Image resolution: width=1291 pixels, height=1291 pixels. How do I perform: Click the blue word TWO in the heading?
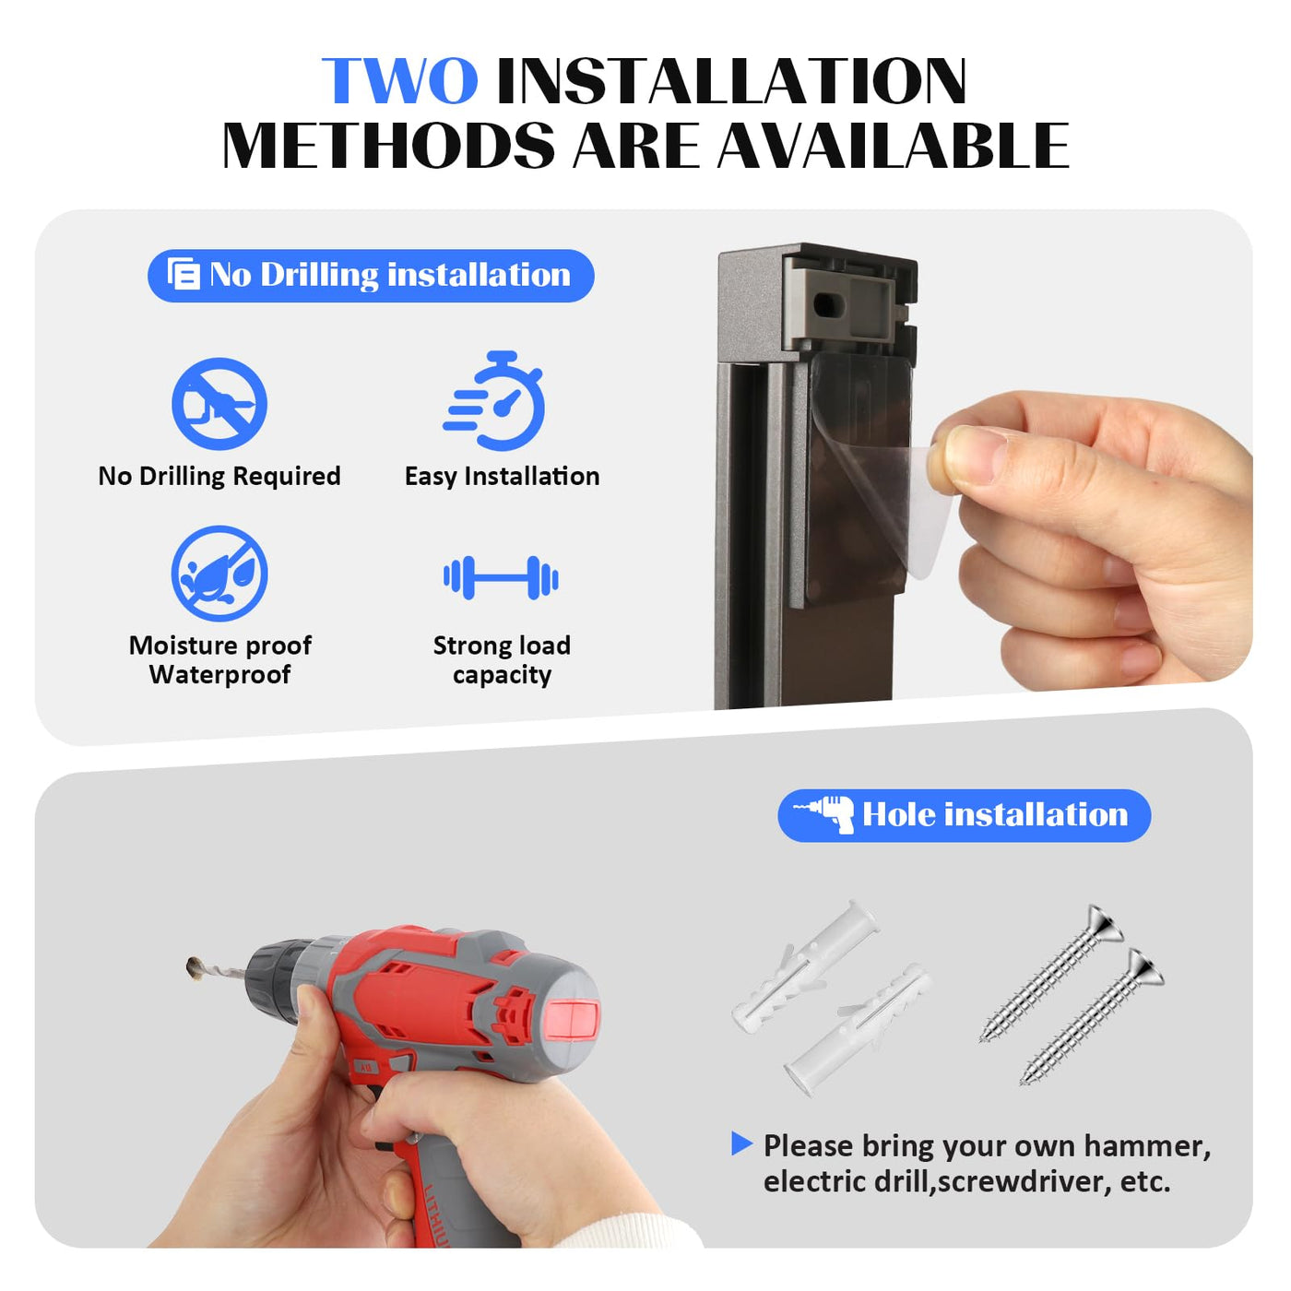coord(399,81)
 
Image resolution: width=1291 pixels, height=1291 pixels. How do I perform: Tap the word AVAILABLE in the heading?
coord(893,146)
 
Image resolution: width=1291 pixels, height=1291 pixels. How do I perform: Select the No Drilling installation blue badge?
coord(371,276)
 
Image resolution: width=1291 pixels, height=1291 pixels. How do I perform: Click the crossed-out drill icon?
coord(219,403)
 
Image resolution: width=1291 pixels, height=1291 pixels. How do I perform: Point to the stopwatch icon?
coord(496,400)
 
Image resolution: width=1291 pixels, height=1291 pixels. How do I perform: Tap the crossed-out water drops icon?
coord(219,574)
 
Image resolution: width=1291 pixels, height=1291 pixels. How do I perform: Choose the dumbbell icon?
coord(501,577)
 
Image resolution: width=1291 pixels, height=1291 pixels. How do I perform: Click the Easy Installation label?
coord(502,477)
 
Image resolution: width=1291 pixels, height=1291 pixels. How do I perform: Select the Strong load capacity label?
coord(502,660)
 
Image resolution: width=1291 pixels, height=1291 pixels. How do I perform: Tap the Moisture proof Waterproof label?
coord(219,660)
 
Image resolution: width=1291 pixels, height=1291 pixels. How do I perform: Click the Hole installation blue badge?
coord(964,815)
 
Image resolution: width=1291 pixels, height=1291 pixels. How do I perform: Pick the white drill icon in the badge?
coord(825,814)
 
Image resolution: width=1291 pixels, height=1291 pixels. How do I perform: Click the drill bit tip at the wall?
coord(194,966)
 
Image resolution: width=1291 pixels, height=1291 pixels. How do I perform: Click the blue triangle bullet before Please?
coord(741,1143)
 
